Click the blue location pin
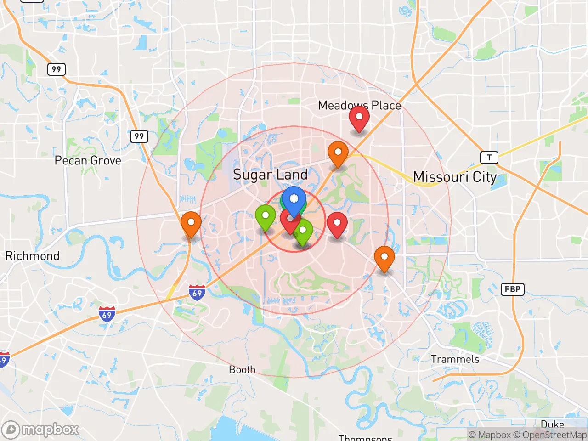pos(294,199)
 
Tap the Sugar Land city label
pos(270,175)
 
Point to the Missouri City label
pos(455,177)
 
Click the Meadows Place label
pos(359,105)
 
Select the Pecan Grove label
pos(88,160)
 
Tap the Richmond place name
pos(32,256)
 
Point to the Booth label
pos(242,369)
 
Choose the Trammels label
pos(455,359)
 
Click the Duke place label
pos(552,424)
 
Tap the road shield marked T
pos(489,158)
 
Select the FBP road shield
pos(512,289)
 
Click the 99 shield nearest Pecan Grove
pos(139,136)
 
